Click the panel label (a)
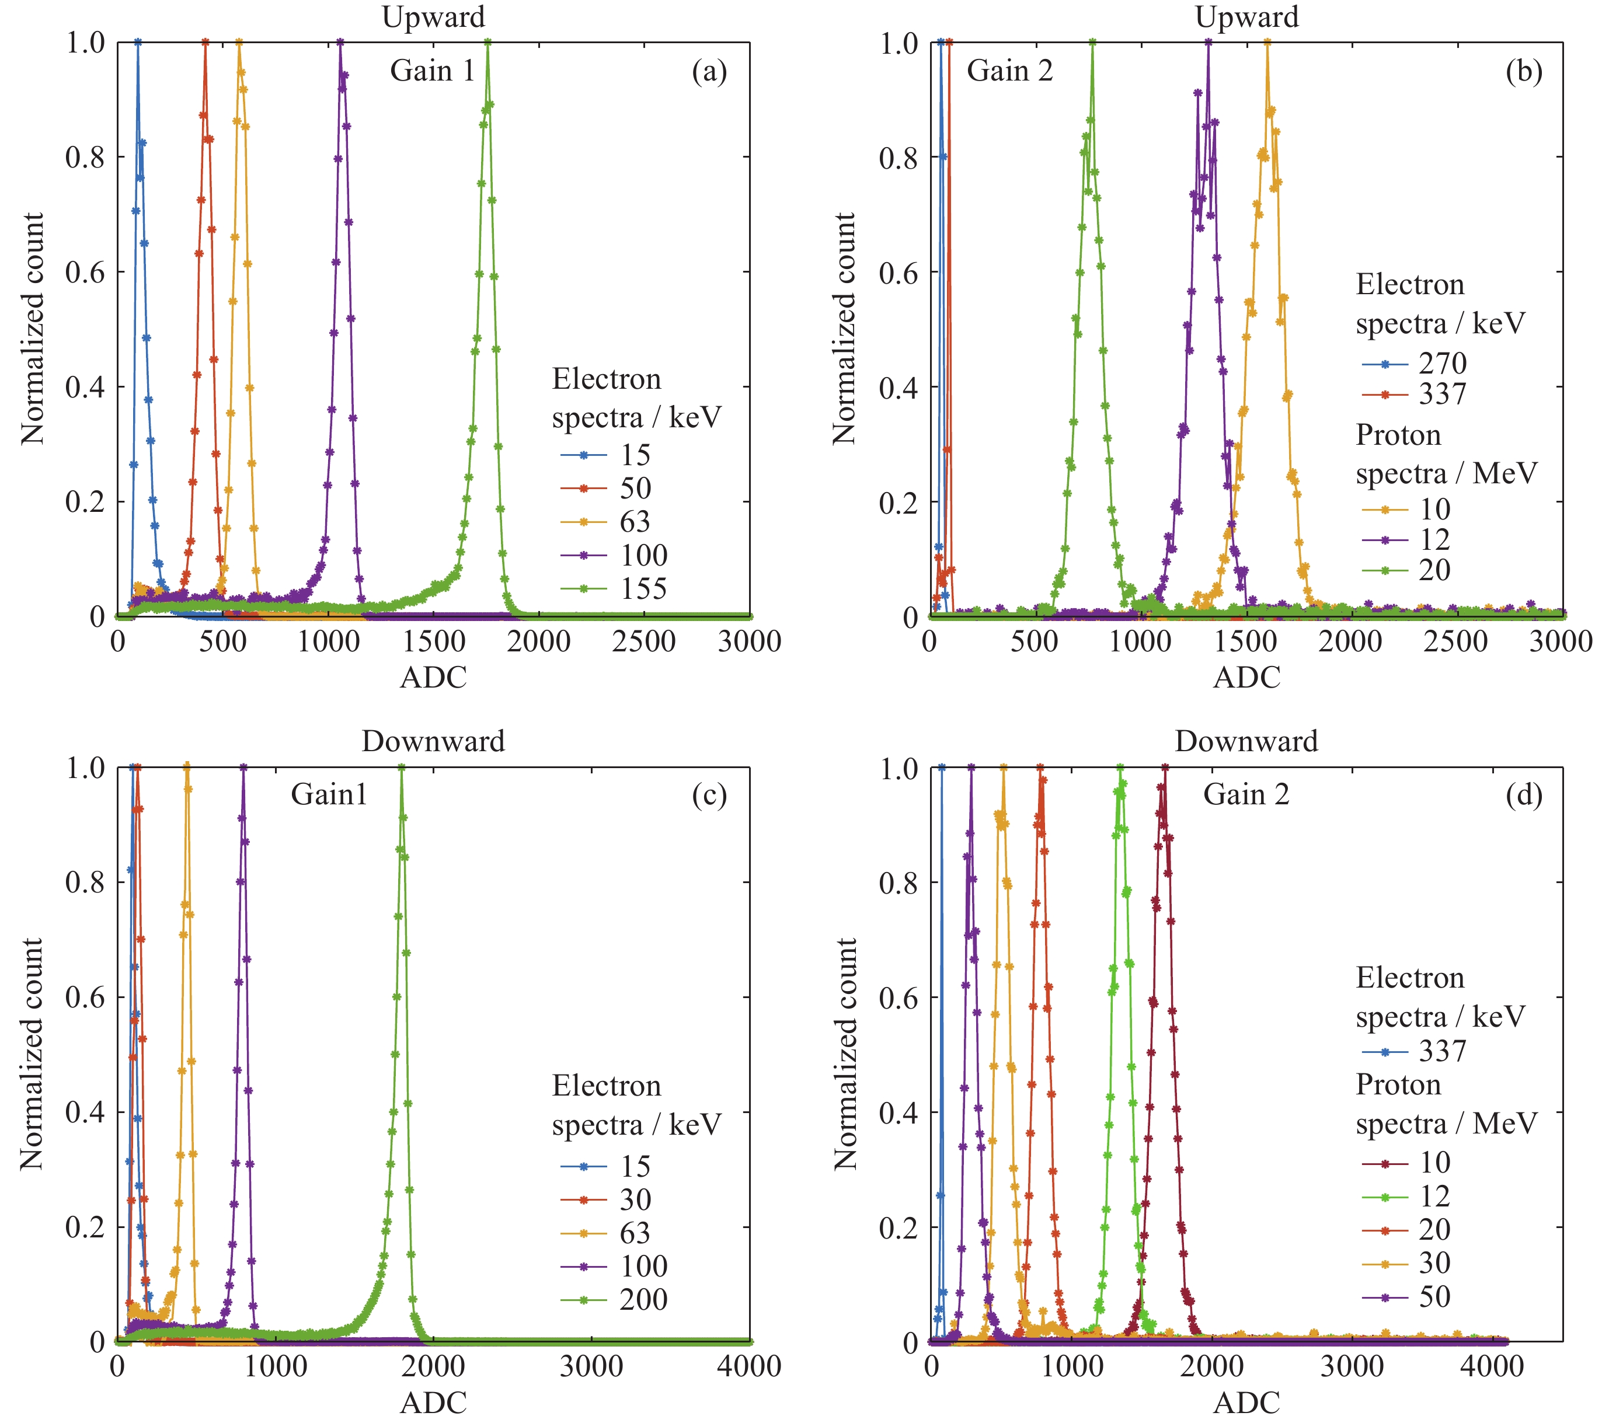point(709,72)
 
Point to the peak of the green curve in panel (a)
point(488,43)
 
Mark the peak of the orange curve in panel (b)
point(1266,43)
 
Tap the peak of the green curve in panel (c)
point(402,768)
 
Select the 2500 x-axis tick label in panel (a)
point(643,641)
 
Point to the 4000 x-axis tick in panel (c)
point(748,1367)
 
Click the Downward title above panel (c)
point(433,741)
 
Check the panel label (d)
point(1523,796)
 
